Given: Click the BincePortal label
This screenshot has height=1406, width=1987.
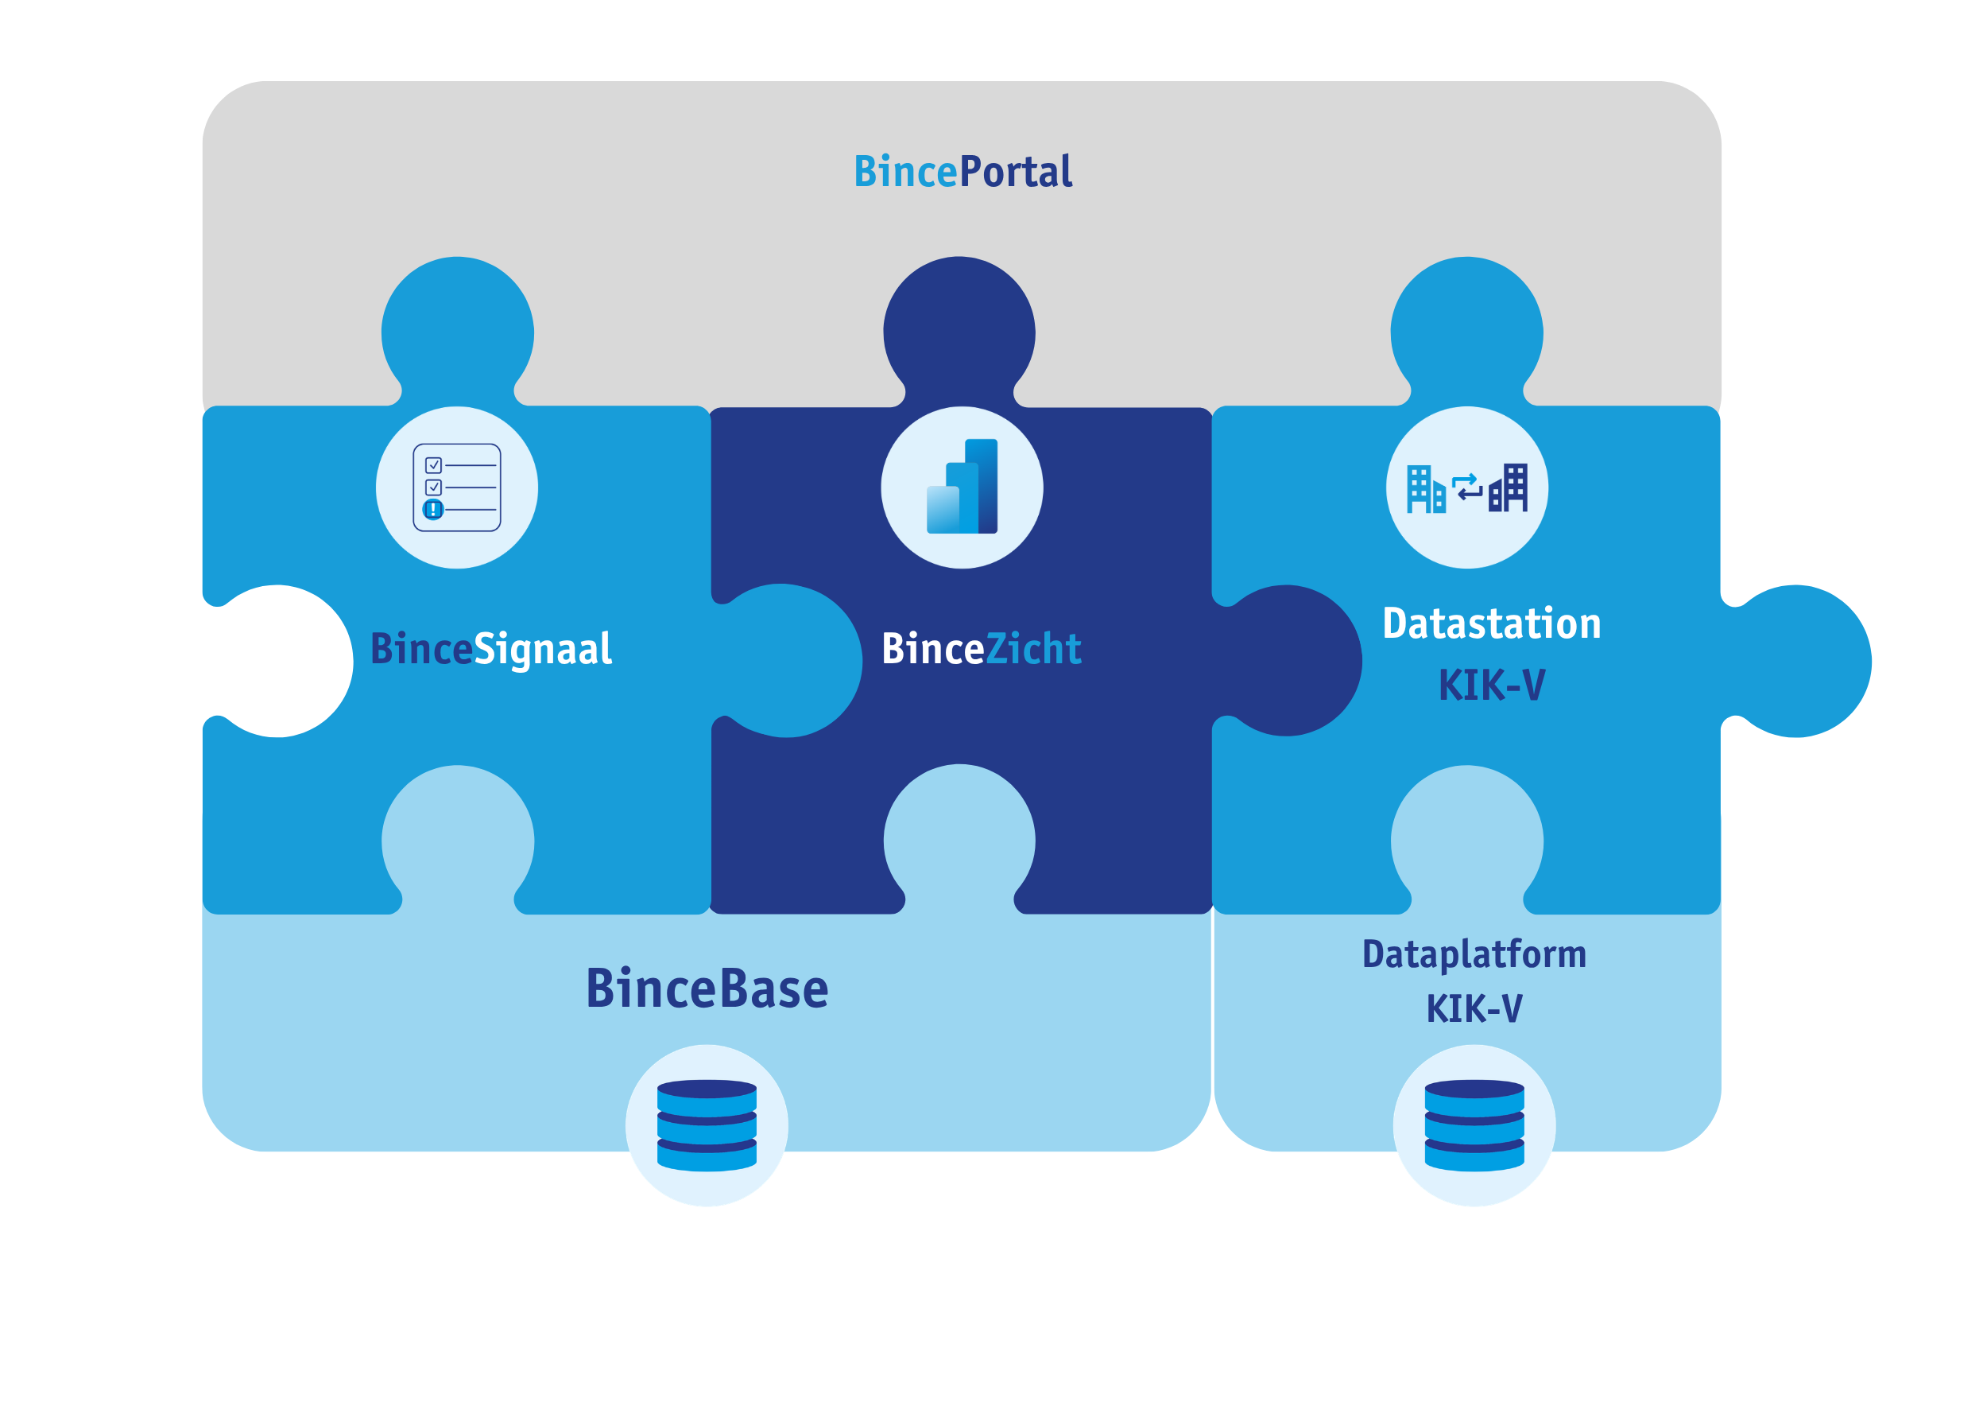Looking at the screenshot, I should (x=963, y=172).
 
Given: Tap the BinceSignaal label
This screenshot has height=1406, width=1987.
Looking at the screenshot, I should (x=490, y=650).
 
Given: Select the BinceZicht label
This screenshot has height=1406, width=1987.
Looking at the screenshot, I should (x=981, y=650).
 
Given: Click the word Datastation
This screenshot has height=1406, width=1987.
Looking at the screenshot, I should (x=1491, y=623).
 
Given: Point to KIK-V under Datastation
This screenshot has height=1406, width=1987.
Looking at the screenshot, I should (x=1491, y=686).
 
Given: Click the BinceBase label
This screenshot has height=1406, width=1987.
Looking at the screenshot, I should (x=707, y=988).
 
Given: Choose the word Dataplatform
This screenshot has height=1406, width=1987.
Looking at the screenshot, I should (x=1474, y=954).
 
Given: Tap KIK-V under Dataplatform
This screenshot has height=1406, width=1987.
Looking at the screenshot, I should (x=1474, y=1008).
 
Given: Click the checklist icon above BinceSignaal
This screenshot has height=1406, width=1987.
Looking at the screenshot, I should (x=457, y=487).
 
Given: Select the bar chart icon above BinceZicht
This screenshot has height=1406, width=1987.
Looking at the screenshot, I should (x=962, y=487).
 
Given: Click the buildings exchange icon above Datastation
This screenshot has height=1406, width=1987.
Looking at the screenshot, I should (x=1467, y=487).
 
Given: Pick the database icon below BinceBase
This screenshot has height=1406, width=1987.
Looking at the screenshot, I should (x=707, y=1124).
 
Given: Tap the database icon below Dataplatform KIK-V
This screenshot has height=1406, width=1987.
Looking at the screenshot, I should (x=1474, y=1124).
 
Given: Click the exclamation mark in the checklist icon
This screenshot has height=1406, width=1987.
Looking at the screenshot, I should (x=432, y=509).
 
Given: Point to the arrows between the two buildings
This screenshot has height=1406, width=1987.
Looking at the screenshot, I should (x=1467, y=487).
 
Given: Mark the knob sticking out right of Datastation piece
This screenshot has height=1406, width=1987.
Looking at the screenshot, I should (x=1800, y=661).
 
